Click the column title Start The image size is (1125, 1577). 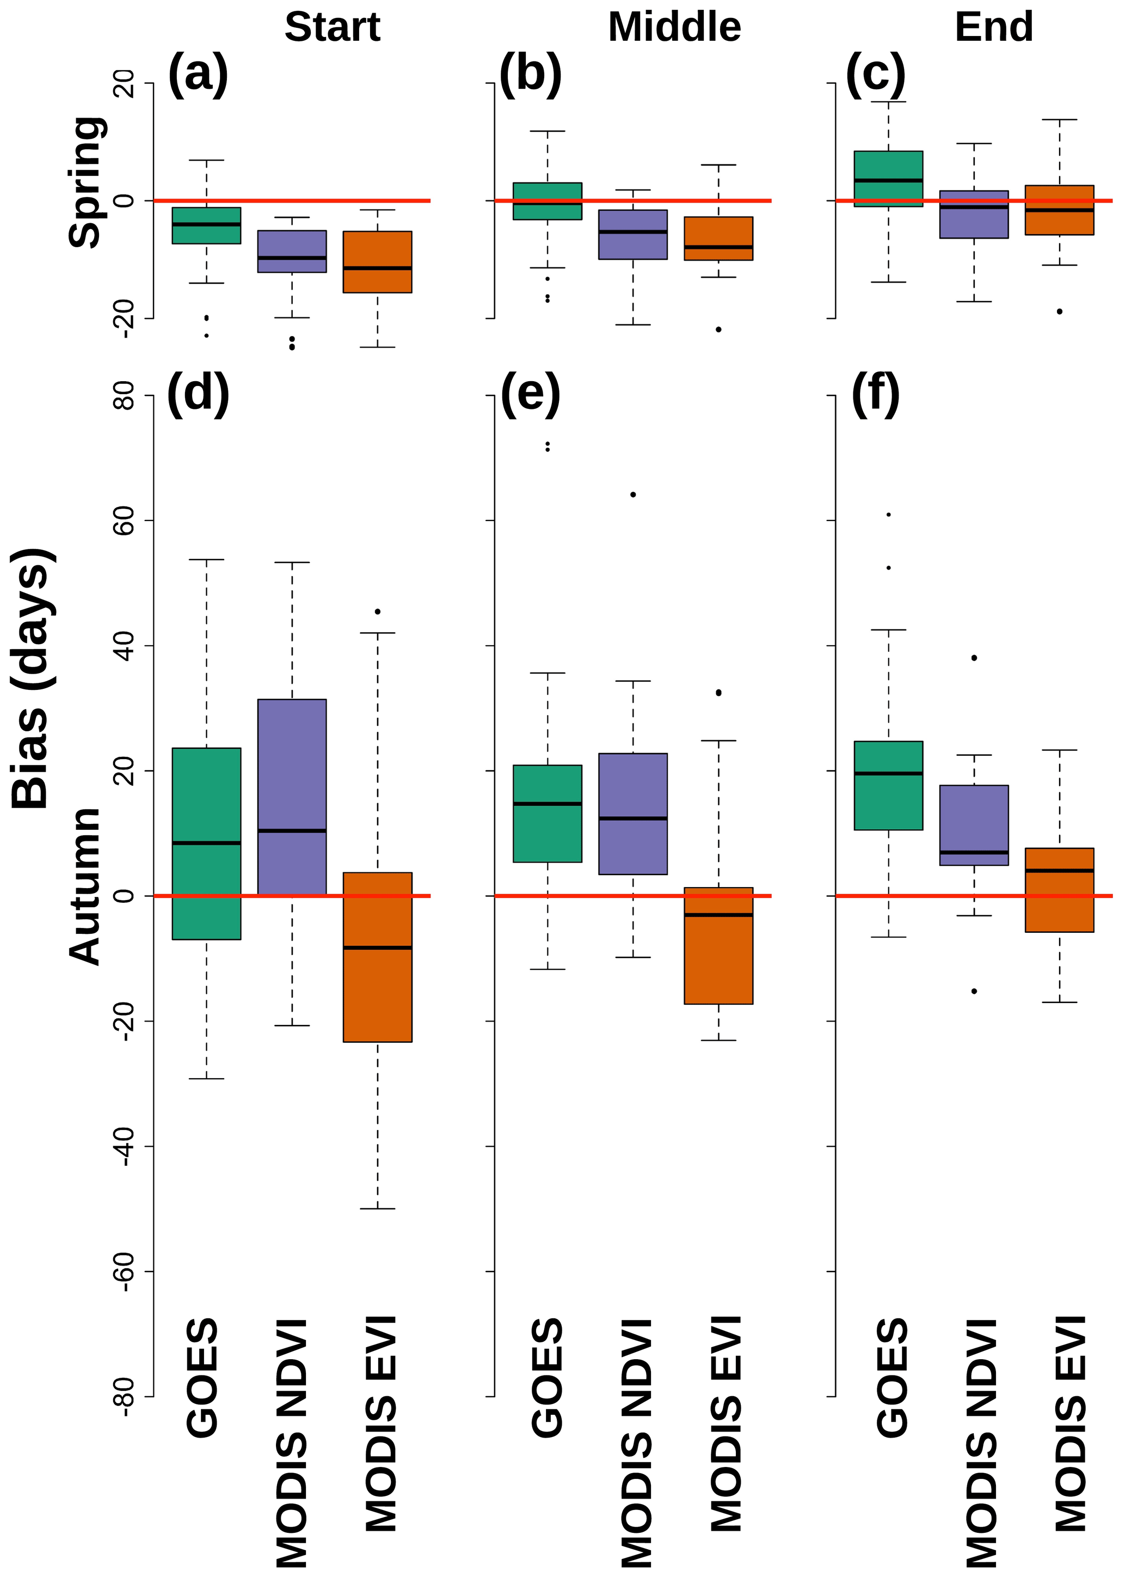click(x=332, y=28)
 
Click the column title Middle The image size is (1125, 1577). click(x=674, y=28)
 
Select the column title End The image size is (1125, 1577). click(x=993, y=28)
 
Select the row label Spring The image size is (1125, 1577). click(x=87, y=181)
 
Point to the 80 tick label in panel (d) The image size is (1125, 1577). click(x=124, y=396)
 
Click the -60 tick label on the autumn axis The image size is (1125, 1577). click(x=124, y=1272)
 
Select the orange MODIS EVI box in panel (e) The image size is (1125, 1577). click(x=718, y=946)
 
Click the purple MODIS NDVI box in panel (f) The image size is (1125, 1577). click(x=974, y=824)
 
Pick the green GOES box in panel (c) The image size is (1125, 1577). click(x=889, y=179)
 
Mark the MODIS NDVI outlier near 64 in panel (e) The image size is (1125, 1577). click(x=633, y=494)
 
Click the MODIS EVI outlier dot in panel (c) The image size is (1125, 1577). click(x=1059, y=312)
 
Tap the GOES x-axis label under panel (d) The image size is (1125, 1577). click(x=202, y=1378)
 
